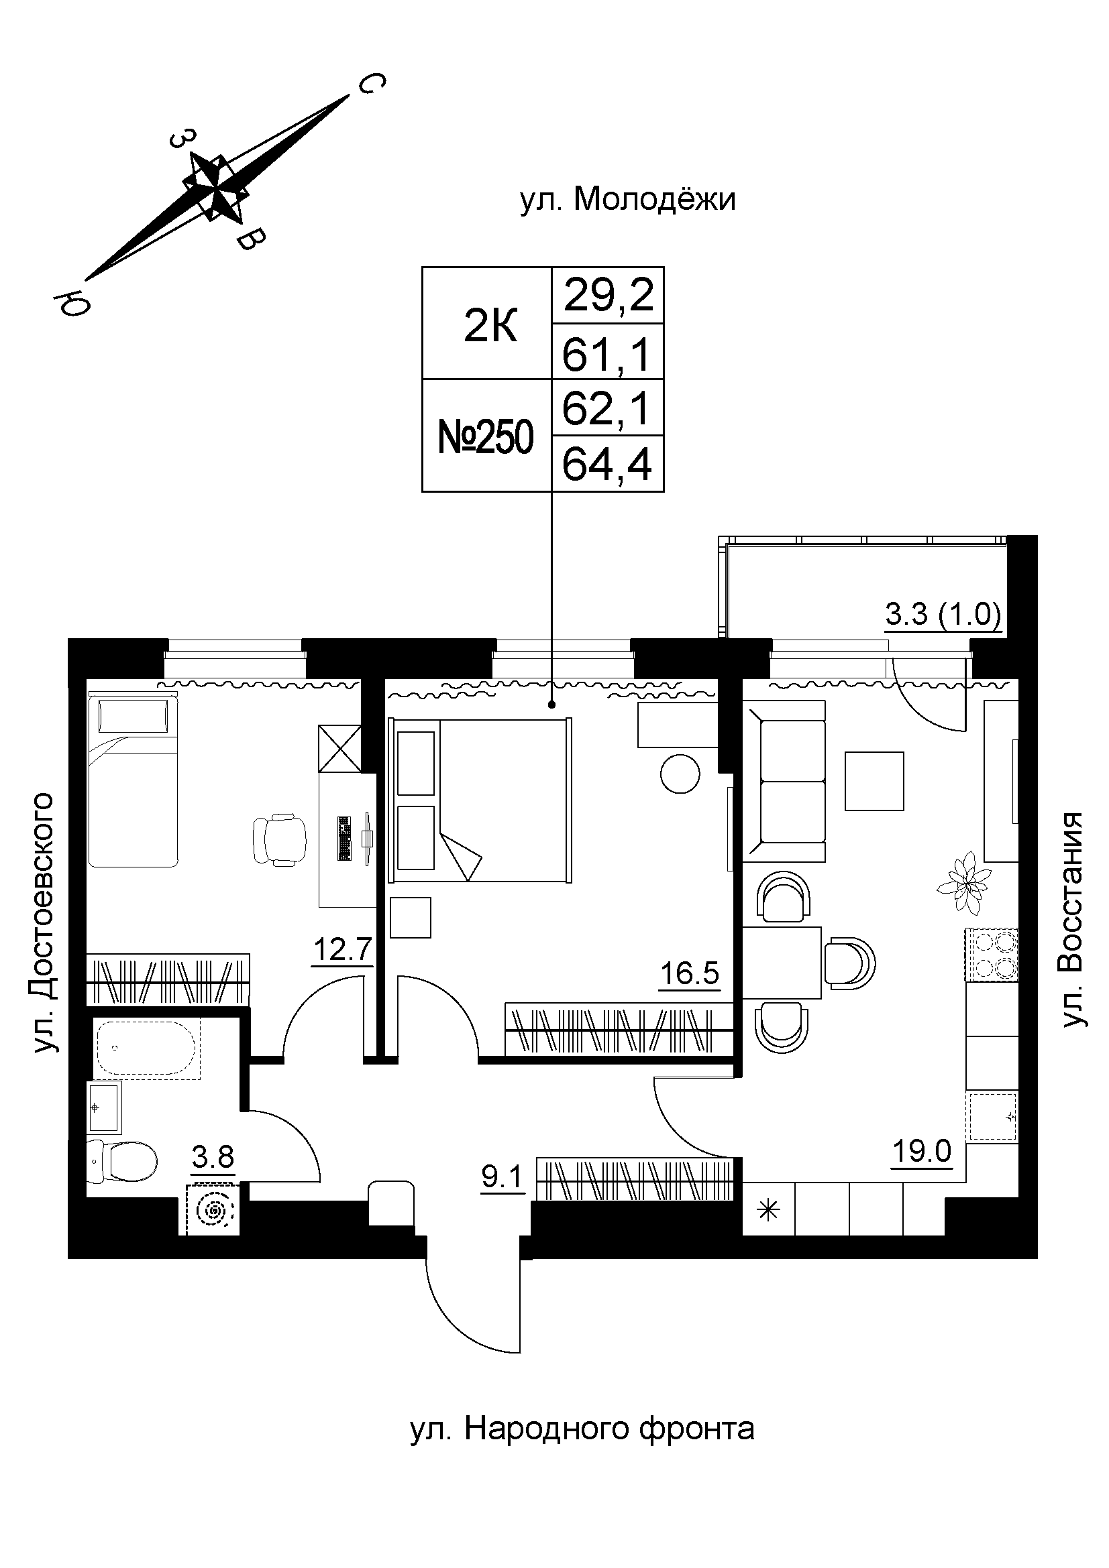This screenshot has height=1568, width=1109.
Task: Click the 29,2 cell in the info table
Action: (x=607, y=296)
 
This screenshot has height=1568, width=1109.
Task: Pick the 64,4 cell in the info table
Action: (x=607, y=465)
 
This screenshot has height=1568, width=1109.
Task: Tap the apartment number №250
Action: (x=486, y=437)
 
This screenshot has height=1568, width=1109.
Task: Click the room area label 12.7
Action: (x=342, y=949)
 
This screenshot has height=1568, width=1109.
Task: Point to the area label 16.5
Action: (x=690, y=973)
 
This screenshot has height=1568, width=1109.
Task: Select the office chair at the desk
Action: (x=280, y=841)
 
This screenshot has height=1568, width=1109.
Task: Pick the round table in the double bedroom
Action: (x=680, y=774)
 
